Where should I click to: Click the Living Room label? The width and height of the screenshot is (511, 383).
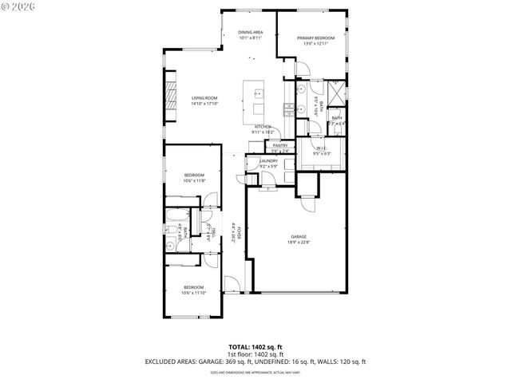click(204, 97)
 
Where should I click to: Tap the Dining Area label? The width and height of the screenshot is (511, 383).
click(251, 32)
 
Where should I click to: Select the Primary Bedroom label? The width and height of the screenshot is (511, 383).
click(315, 38)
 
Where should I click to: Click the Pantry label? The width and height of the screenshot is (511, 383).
click(279, 145)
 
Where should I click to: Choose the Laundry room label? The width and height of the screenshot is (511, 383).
click(268, 160)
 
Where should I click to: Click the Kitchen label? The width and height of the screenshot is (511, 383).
click(263, 127)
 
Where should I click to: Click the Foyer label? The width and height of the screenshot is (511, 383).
click(238, 231)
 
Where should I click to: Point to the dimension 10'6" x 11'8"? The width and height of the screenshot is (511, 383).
click(195, 181)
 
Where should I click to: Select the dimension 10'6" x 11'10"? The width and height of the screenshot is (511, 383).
click(193, 293)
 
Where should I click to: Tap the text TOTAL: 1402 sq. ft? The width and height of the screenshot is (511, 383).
click(255, 347)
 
